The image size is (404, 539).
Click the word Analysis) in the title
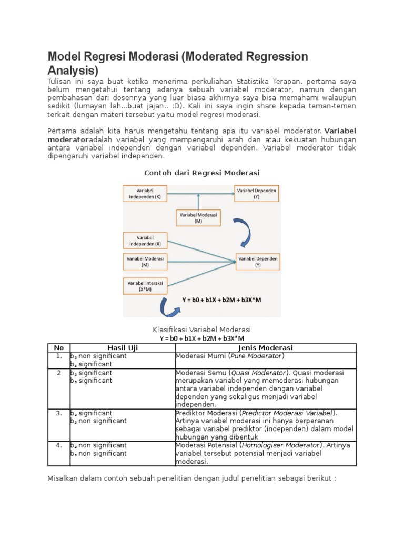73,70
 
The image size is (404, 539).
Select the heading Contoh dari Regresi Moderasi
202,173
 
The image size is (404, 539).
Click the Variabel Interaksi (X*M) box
145,286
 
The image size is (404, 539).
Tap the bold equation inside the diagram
222,300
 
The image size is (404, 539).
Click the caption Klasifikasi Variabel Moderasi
202,329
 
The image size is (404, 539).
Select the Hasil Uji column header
122,348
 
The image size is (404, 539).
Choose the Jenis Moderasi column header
265,348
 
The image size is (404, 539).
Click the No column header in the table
58,348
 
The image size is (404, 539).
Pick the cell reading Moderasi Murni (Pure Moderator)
229,356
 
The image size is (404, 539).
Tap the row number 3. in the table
58,413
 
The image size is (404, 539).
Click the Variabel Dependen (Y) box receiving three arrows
258,262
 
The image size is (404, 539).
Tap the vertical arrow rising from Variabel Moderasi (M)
198,202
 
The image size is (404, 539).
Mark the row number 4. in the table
58,445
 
